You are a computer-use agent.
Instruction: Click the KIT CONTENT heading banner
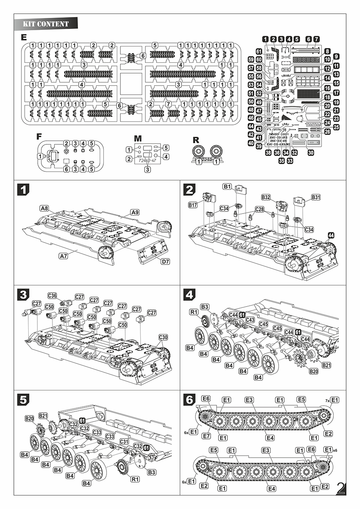tap(46, 24)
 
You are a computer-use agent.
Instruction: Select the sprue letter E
tap(24, 37)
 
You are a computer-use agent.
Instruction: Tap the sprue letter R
tap(195, 140)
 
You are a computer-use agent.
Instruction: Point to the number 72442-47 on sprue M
tap(147, 161)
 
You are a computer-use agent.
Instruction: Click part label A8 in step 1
tap(44, 208)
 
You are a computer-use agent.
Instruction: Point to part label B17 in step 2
tap(193, 205)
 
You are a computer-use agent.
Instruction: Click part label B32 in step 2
tap(266, 197)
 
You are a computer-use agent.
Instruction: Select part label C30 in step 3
tap(163, 337)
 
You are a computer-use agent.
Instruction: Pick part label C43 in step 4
tap(250, 320)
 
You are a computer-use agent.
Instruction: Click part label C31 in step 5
tap(124, 442)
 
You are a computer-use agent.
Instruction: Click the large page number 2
tap(341, 488)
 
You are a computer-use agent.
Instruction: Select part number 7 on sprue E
tap(168, 104)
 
